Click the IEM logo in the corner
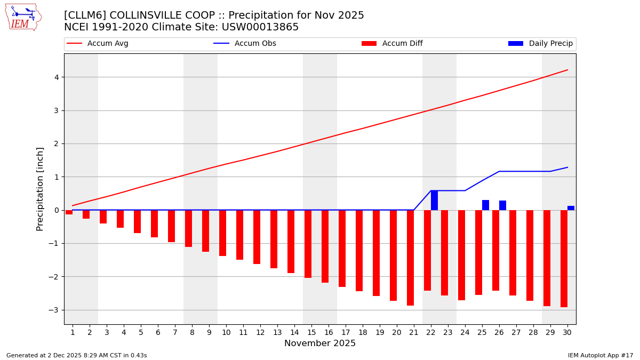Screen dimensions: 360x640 [23, 17]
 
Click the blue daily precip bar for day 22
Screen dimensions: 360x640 [434, 201]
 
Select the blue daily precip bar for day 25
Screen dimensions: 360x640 [485, 205]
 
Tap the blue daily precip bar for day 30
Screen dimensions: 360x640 [571, 208]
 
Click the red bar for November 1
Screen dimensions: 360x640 [69, 212]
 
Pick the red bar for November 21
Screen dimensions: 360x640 [410, 258]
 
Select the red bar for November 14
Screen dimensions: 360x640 [291, 242]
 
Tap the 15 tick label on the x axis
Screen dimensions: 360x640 [311, 332]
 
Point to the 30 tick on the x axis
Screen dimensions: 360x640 [567, 332]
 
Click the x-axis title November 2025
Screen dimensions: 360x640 [320, 343]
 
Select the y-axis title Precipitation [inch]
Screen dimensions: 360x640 [41, 189]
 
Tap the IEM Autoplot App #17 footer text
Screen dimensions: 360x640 [601, 355]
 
